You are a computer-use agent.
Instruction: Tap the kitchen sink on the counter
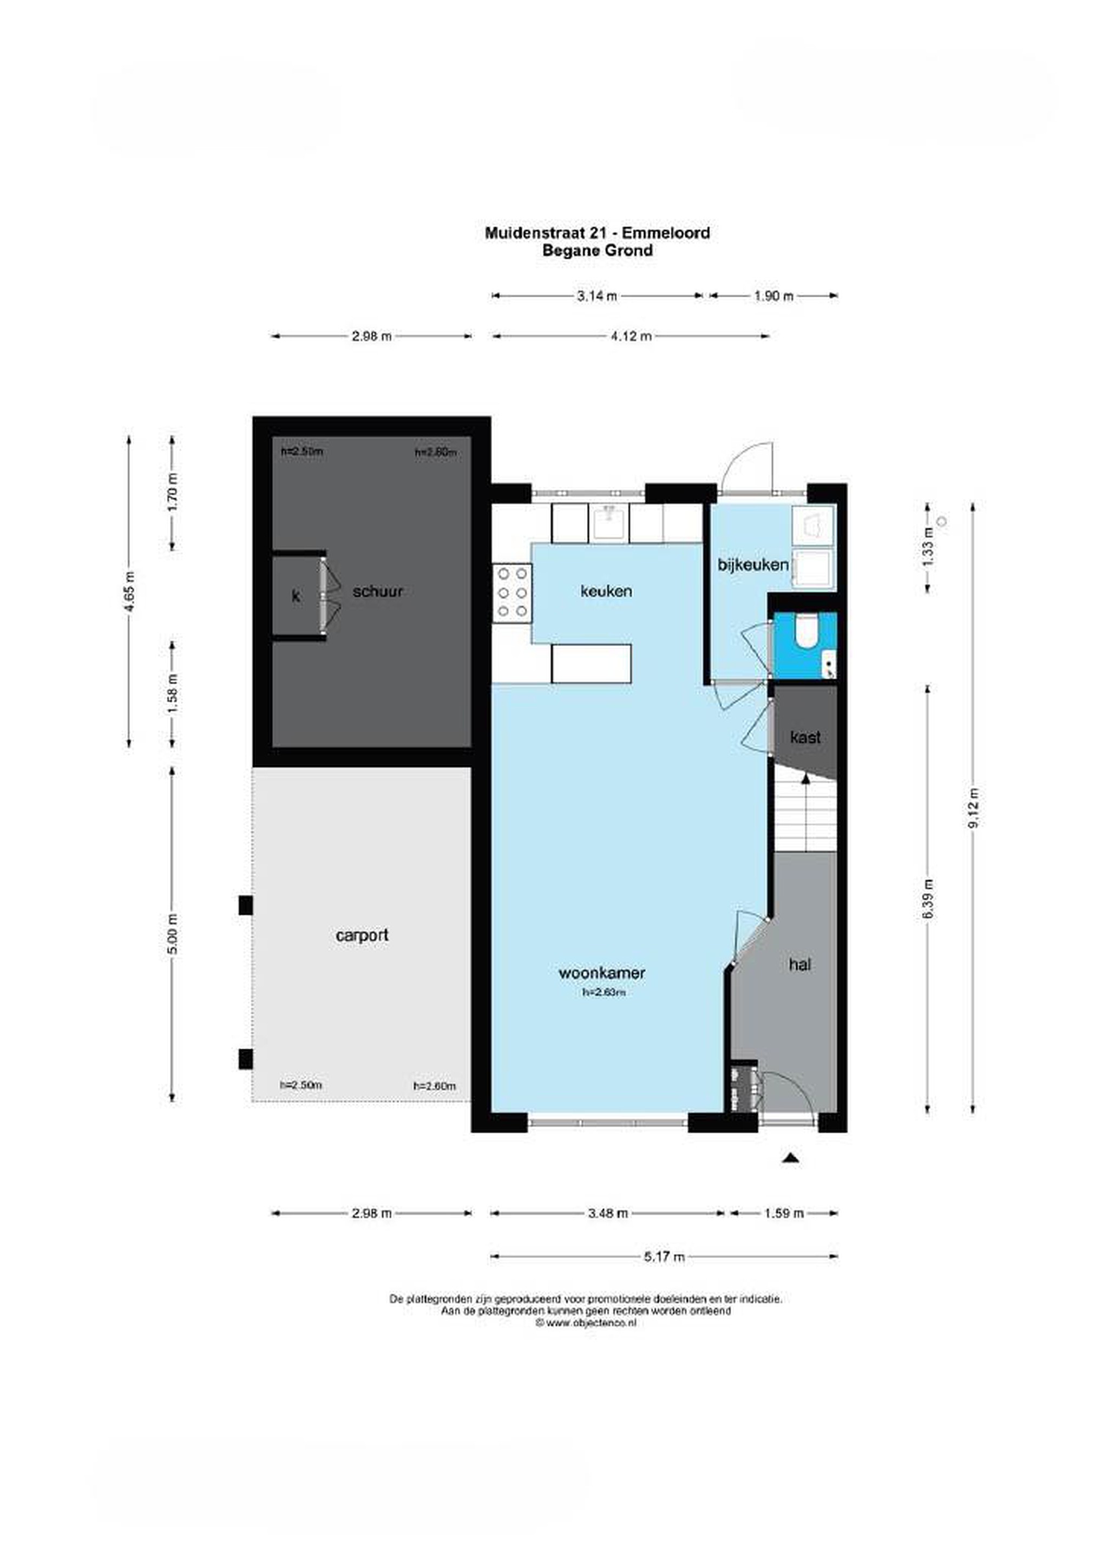611,522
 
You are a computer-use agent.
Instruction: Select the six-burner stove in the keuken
512,592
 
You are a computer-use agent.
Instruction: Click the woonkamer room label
601,972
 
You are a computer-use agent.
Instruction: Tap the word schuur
377,592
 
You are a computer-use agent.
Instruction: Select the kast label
805,737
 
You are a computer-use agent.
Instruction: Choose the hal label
800,964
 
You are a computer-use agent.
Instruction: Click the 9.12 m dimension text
974,808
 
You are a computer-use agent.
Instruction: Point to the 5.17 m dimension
664,1256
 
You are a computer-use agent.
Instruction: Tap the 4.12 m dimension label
632,336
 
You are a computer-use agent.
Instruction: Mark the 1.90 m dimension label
774,296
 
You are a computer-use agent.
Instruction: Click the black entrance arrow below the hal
789,1158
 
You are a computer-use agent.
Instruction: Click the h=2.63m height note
604,992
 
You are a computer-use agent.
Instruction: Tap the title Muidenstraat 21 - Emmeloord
598,233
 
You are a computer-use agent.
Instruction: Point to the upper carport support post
246,905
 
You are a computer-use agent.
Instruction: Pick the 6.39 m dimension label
929,899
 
